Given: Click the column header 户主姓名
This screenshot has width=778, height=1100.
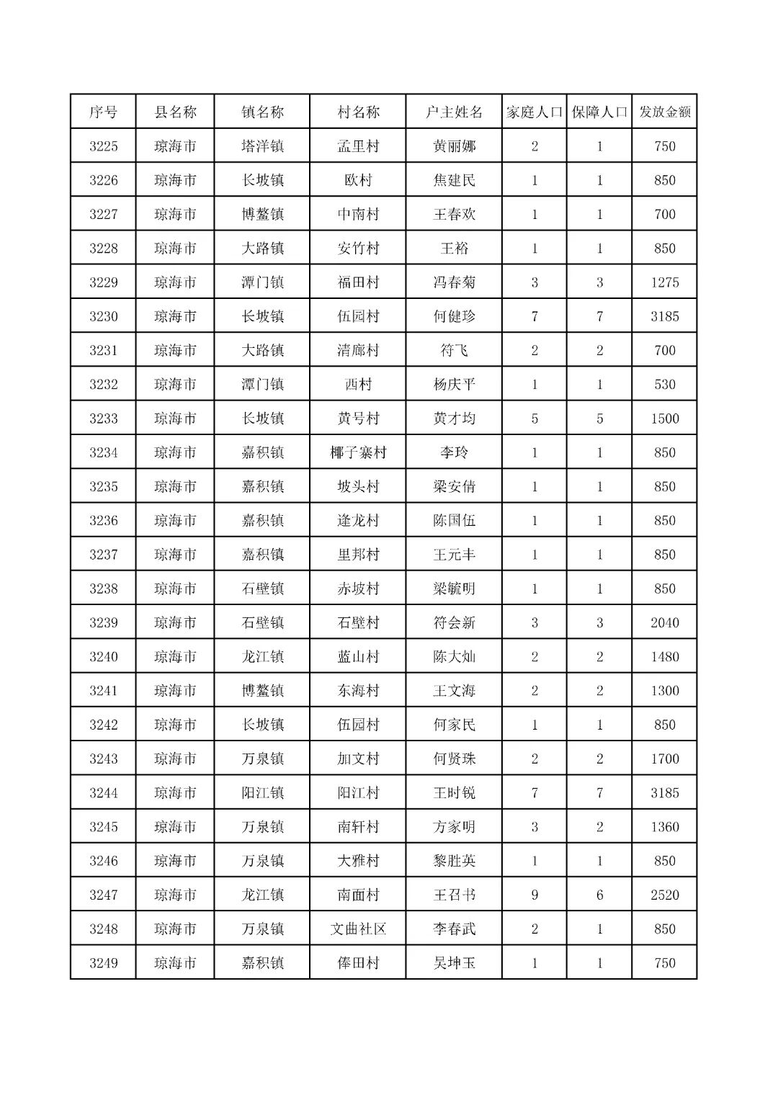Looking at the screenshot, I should click(x=454, y=112).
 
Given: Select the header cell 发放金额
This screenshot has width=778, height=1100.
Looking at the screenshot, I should click(x=665, y=112).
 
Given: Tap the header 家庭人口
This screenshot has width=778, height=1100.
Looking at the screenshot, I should click(x=534, y=112).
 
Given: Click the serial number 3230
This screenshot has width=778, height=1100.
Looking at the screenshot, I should click(x=104, y=316).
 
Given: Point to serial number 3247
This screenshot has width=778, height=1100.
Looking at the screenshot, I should click(x=104, y=895).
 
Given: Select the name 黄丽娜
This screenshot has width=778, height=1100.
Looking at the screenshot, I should click(x=454, y=146).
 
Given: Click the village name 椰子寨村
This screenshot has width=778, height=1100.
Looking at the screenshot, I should click(x=358, y=452).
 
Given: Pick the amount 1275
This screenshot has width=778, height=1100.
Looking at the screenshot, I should click(x=665, y=282).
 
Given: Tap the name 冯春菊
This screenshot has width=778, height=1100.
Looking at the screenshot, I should click(x=454, y=282).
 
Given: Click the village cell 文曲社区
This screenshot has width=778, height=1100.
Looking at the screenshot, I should click(x=358, y=929).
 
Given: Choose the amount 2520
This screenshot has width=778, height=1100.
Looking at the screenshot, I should click(x=665, y=895).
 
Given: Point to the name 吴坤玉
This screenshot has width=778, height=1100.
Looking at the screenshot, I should click(x=454, y=963).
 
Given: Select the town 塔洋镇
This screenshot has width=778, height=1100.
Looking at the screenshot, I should click(x=262, y=146).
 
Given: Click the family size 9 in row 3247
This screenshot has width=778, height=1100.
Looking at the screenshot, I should click(x=534, y=895).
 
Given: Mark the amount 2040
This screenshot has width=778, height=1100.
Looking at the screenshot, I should click(x=665, y=622).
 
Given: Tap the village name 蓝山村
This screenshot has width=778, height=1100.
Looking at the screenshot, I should click(x=358, y=656).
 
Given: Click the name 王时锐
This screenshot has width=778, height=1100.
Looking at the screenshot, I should click(x=454, y=792).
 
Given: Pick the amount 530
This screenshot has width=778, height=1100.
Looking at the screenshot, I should click(x=665, y=384).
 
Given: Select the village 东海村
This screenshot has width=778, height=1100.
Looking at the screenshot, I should click(x=358, y=691).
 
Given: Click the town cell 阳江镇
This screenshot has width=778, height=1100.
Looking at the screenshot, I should click(x=262, y=792).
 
